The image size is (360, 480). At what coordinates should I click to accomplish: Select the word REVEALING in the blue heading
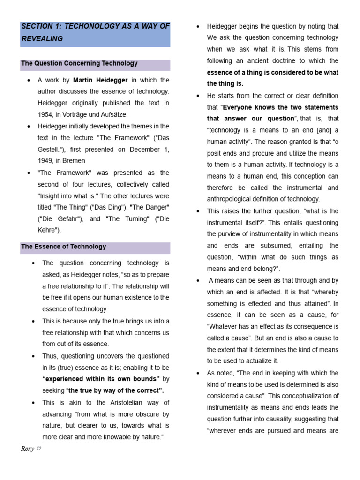point(42,39)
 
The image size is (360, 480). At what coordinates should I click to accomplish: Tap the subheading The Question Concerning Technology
point(80,63)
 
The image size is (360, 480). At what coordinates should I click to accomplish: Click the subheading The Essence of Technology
point(64,247)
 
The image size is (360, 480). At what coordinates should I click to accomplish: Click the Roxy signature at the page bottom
point(27,449)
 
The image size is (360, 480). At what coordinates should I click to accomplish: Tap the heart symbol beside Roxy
point(39,449)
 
